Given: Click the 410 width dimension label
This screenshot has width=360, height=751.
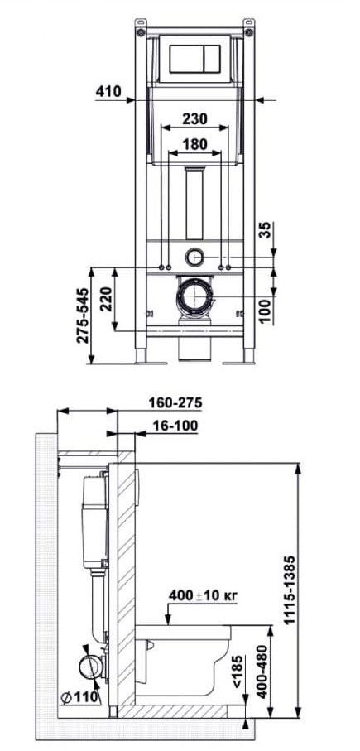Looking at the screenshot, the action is pyautogui.click(x=108, y=91).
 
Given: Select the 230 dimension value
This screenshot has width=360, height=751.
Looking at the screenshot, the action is pyautogui.click(x=194, y=118).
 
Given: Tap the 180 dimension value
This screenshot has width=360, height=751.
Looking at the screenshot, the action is pyautogui.click(x=194, y=144).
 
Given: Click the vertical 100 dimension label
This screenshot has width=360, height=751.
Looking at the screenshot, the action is pyautogui.click(x=266, y=310).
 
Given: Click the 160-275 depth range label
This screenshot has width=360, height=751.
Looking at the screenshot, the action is pyautogui.click(x=175, y=402).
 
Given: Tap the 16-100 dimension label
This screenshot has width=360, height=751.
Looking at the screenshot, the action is pyautogui.click(x=175, y=426).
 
